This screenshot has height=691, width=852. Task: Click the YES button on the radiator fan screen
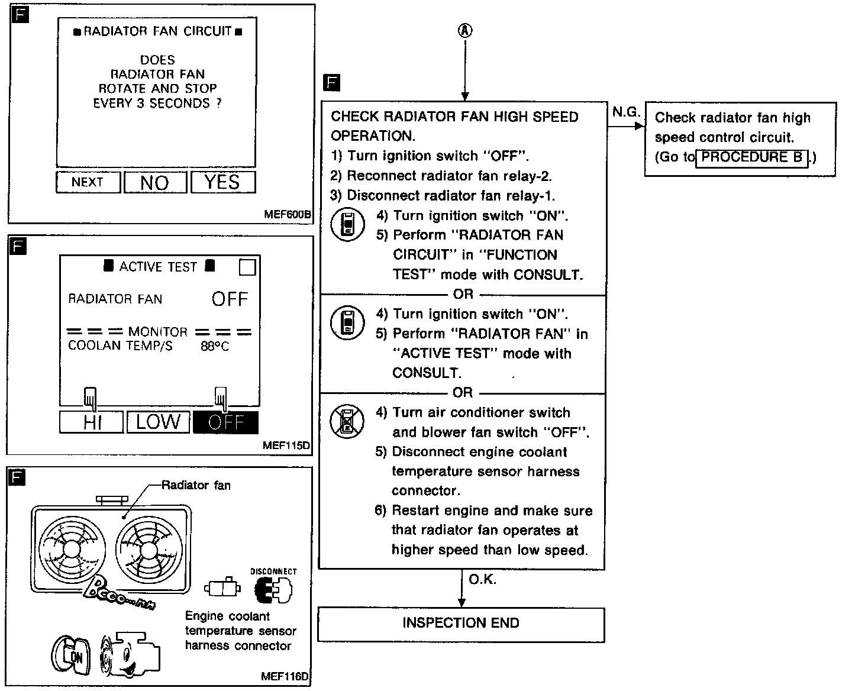(222, 182)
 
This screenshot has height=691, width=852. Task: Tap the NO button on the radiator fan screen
(155, 182)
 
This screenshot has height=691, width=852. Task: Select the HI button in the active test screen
(92, 422)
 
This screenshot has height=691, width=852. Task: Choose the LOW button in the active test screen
(158, 422)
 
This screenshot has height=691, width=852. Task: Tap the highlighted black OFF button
(226, 422)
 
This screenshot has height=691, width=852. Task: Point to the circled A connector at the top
(465, 31)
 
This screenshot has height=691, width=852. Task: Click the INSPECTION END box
(461, 624)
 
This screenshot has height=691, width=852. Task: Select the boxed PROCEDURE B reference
(751, 157)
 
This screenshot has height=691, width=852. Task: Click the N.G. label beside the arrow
(626, 112)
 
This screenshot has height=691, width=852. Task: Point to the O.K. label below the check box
(483, 579)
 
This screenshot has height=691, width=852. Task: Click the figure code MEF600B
(288, 214)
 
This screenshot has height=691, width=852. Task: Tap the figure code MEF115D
(286, 445)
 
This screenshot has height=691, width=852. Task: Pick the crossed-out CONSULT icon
(347, 421)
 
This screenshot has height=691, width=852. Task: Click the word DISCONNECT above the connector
(273, 571)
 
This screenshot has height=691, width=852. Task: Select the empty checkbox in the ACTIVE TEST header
(247, 268)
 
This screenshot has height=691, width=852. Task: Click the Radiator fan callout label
(196, 486)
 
